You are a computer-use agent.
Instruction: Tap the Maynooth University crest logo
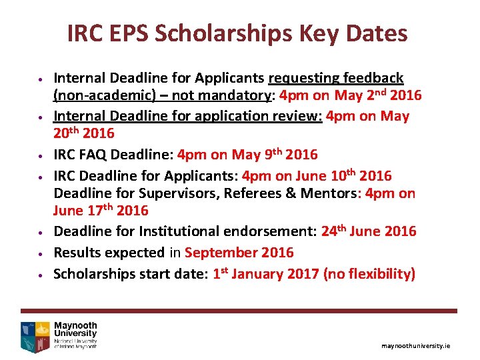click(36, 336)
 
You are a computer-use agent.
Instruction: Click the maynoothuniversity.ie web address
click(416, 346)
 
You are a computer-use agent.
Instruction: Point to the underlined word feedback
click(373, 79)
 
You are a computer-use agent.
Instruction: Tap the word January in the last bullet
click(263, 274)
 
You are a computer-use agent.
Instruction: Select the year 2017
click(303, 274)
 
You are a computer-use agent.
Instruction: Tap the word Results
click(75, 253)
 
